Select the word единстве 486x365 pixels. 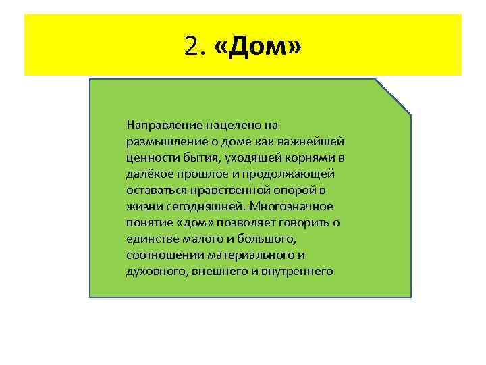point(148,239)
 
